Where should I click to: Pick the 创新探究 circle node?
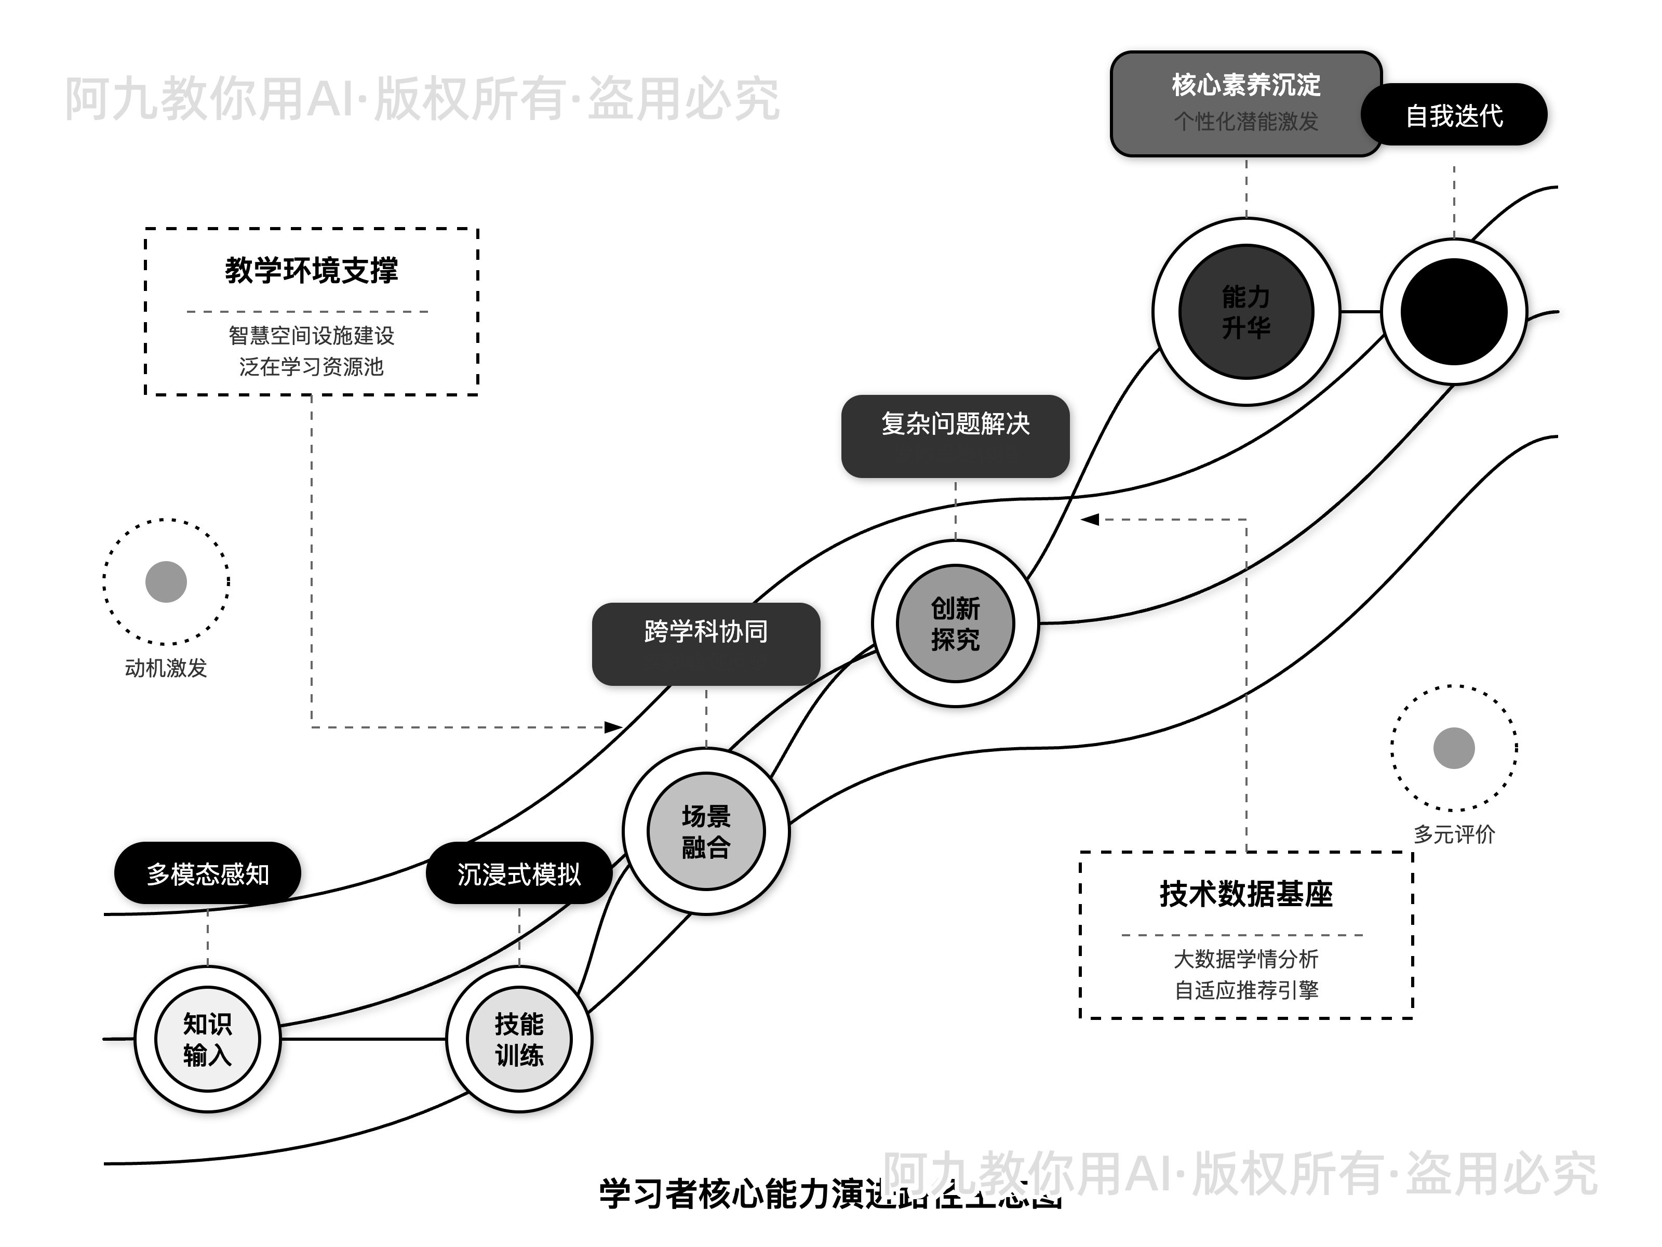tap(955, 623)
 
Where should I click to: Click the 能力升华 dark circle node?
tap(1246, 311)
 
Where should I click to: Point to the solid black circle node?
tap(1454, 311)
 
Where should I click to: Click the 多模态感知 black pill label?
tap(207, 873)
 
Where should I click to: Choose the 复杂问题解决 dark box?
tap(955, 436)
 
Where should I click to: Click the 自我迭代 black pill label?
tap(1454, 115)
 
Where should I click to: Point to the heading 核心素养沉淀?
tap(1246, 85)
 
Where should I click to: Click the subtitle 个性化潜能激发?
tap(1246, 121)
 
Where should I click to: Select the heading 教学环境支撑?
tap(311, 270)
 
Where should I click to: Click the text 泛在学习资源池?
tap(311, 367)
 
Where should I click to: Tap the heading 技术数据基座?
tap(1246, 894)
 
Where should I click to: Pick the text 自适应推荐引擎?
tap(1246, 990)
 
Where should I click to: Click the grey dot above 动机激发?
tap(166, 582)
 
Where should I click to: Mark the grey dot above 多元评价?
tap(1454, 748)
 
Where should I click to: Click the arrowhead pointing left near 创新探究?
tap(1090, 520)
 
